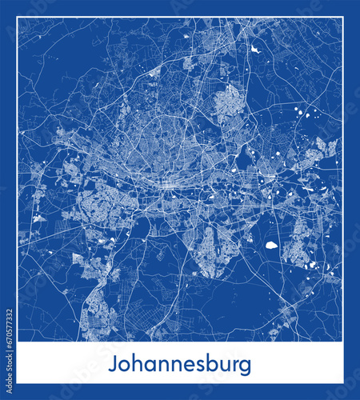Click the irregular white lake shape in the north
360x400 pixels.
[254, 50]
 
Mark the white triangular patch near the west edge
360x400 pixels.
[38, 217]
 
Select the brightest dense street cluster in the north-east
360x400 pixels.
[228, 102]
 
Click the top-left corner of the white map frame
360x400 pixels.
[17, 17]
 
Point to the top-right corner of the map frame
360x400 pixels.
[343, 17]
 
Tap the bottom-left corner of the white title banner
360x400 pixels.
[17, 383]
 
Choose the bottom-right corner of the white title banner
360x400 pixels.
[343, 383]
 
